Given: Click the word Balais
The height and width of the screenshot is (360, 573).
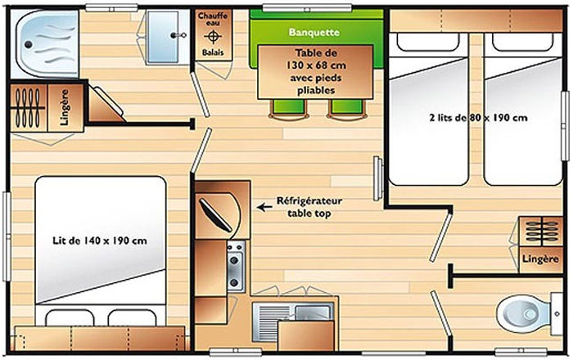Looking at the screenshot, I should (214, 53).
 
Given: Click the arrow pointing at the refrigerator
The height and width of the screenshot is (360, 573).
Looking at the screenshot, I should (264, 207).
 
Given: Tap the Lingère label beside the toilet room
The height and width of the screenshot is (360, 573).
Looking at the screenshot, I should (540, 259).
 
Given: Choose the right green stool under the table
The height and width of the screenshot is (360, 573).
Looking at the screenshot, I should (343, 109).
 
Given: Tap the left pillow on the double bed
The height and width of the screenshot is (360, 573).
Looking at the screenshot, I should (63, 319).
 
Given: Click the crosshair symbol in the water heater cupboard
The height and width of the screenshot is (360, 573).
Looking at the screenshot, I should (214, 37).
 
